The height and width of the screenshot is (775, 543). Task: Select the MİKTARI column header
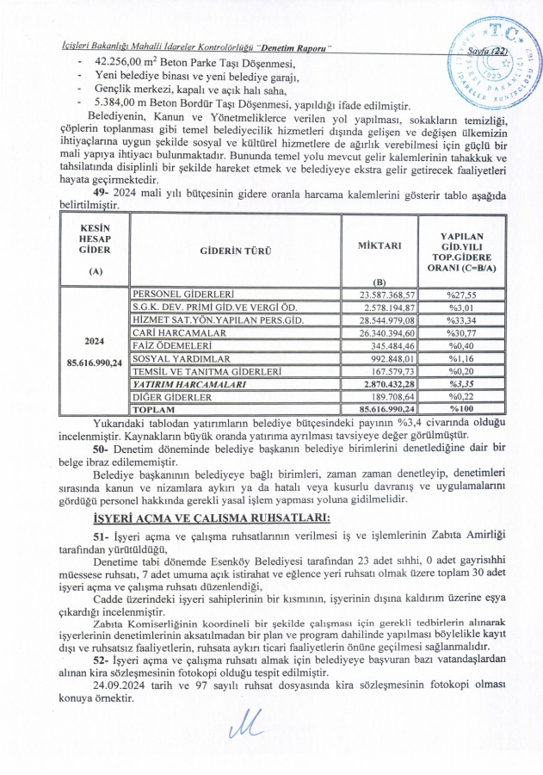point(379,245)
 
